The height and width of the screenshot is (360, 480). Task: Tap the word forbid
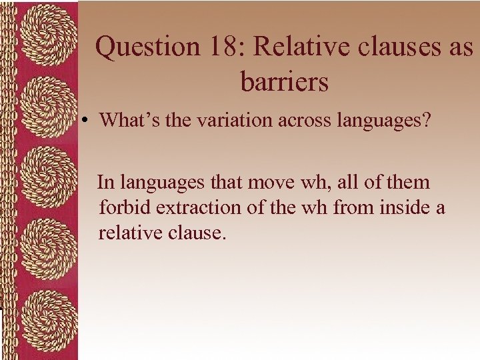pyautogui.click(x=125, y=207)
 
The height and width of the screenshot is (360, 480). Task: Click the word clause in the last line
pyautogui.click(x=196, y=233)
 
